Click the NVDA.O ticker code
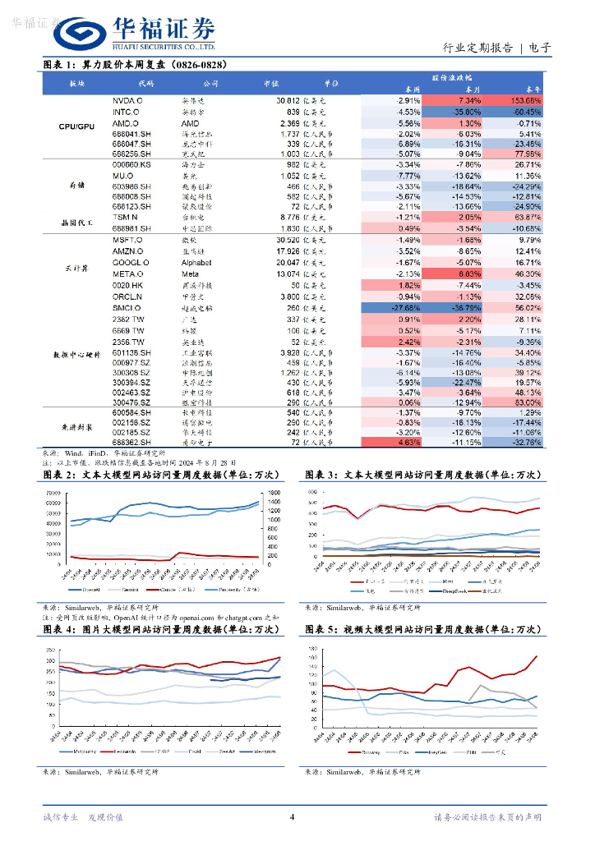tap(127, 99)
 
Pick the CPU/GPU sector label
tap(77, 127)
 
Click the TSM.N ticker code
tap(125, 217)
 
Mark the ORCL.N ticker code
tap(127, 296)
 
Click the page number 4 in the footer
tap(293, 817)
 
